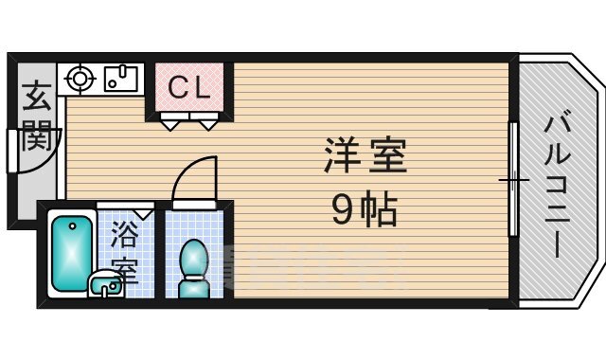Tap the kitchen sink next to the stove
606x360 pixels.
pos(120,78)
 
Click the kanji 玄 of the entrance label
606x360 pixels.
pos(36,98)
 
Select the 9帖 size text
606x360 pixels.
pos(365,207)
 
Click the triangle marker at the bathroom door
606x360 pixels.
pos(144,214)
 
